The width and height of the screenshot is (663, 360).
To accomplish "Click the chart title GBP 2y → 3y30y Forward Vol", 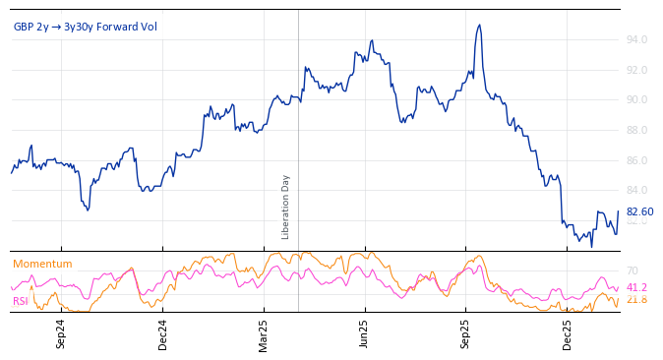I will pos(85,27).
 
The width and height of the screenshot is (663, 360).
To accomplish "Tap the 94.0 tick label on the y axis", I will pos(636,40).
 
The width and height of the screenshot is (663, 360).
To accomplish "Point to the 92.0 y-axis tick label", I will pos(636,70).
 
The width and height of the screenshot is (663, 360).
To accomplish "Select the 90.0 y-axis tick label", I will pos(636,100).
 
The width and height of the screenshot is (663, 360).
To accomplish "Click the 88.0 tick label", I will pos(636,130).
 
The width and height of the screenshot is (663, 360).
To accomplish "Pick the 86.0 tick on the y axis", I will pos(636,160).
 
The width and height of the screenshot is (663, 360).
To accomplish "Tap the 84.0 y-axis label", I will pos(636,190).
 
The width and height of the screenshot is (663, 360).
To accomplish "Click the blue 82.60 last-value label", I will pos(639,211).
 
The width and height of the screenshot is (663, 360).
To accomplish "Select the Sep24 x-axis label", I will pos(61,333).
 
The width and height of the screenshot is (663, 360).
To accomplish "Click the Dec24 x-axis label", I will pos(162,333).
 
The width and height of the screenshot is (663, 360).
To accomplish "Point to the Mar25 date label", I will pos(264,333).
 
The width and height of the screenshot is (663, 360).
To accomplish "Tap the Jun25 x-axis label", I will pos(365,333).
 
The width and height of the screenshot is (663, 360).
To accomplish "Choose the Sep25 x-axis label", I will pos(466,333).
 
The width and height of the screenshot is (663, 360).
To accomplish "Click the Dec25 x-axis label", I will pos(568,333).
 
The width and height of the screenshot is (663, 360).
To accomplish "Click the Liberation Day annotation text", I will pos(286,207).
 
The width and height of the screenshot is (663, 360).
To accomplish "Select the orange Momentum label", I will pos(42,264).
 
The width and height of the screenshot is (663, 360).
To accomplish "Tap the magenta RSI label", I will pos(21,301).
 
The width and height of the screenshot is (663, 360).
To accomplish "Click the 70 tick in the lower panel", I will pos(633,270).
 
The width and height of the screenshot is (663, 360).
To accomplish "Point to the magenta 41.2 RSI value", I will pos(636,287).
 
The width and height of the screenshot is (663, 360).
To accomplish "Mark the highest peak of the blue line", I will pos(479,26).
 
